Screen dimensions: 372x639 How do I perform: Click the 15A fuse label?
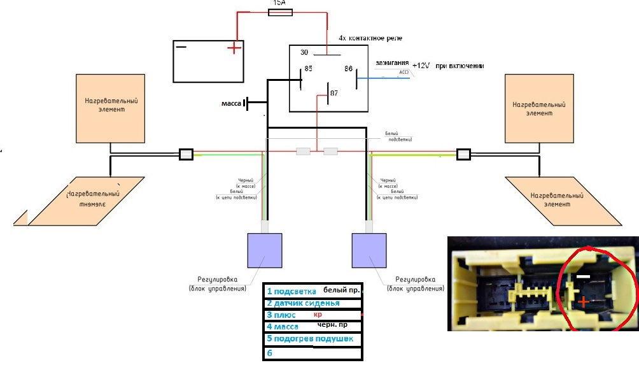click(279, 3)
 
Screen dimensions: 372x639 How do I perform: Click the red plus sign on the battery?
click(235, 48)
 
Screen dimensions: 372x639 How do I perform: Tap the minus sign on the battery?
click(182, 46)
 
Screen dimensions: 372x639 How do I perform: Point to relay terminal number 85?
click(308, 69)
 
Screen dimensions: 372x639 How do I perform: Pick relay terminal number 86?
click(349, 68)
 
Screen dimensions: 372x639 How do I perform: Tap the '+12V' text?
click(421, 66)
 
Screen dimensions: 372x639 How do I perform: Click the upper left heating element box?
click(112, 108)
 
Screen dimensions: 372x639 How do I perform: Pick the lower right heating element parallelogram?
click(563, 201)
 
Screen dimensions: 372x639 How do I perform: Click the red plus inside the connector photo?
click(584, 303)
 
